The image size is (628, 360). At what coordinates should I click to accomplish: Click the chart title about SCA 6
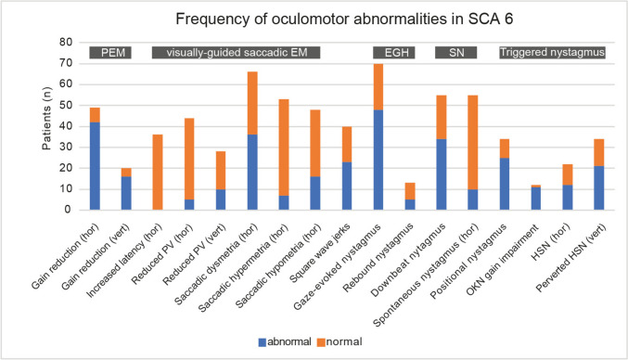click(x=344, y=19)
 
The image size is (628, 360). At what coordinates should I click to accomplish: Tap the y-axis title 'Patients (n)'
click(x=47, y=119)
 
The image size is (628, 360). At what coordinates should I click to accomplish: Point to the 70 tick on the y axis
click(x=66, y=63)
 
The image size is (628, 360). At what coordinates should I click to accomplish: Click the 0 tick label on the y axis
click(x=69, y=210)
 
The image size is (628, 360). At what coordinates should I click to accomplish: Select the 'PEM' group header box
click(x=110, y=53)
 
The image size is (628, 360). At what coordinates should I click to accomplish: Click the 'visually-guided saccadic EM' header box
click(x=236, y=53)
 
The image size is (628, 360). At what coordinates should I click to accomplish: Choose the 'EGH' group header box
click(x=394, y=53)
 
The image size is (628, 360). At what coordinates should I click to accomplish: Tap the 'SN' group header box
click(x=456, y=53)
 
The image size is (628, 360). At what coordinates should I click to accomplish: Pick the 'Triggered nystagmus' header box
click(x=552, y=53)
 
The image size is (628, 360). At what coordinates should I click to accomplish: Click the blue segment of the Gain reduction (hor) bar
click(x=95, y=166)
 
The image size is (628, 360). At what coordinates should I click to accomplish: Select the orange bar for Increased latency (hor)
click(x=158, y=173)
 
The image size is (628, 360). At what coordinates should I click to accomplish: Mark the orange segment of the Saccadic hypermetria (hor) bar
click(x=284, y=148)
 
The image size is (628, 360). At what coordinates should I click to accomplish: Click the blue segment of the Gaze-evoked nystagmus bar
click(x=378, y=160)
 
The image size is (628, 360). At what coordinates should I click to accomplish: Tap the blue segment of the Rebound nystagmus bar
click(x=410, y=205)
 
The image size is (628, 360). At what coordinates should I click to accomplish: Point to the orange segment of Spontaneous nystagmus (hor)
click(x=472, y=142)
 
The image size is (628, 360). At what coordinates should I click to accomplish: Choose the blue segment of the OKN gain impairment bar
click(x=536, y=199)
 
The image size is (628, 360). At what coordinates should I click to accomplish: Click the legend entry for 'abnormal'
click(x=285, y=342)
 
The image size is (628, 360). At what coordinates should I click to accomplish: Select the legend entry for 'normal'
click(x=340, y=342)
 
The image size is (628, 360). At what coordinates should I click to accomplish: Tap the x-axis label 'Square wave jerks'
click(x=320, y=253)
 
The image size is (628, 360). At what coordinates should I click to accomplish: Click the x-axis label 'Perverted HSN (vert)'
click(x=571, y=258)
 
